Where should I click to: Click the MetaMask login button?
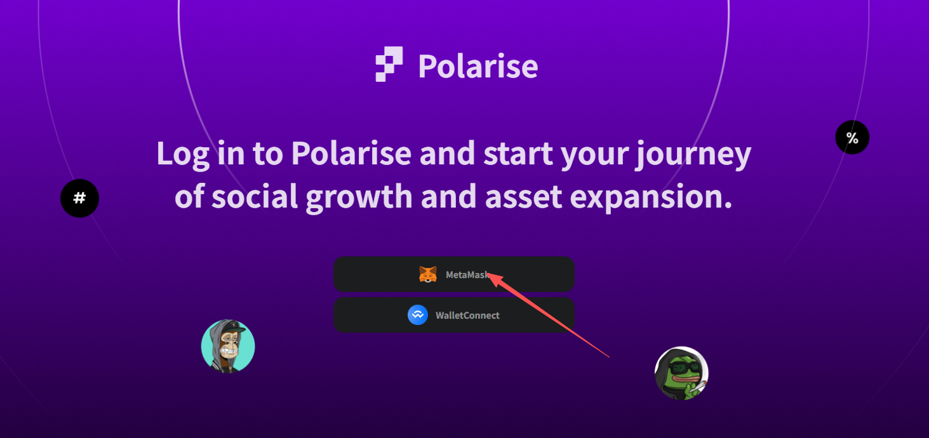454,274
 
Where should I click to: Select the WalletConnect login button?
454,315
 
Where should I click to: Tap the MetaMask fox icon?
428,274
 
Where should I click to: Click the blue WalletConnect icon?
418,315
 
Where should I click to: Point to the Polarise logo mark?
389,64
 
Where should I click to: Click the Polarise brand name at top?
478,66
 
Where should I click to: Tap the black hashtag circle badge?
79,198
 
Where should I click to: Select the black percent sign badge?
852,138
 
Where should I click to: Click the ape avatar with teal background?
228,347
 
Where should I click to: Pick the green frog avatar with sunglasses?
681,373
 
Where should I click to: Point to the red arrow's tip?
490,275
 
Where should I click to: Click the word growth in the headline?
358,197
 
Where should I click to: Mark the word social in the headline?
254,197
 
